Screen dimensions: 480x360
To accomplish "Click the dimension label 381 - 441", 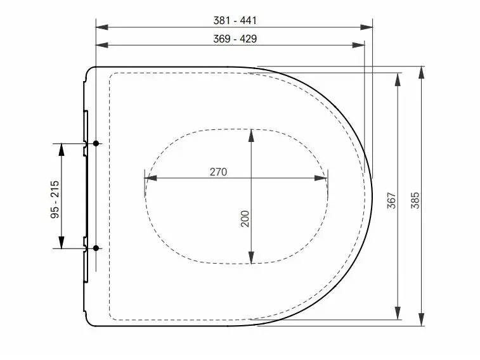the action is [x=235, y=20].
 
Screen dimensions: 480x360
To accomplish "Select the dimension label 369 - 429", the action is [x=235, y=39].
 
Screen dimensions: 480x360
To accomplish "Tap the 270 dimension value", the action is [x=218, y=172].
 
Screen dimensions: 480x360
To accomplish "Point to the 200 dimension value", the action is [x=245, y=219].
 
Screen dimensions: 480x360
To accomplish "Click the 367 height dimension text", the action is [x=391, y=201].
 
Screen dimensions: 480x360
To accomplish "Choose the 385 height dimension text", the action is [x=415, y=201].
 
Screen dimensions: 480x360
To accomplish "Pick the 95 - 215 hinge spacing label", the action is [x=55, y=200].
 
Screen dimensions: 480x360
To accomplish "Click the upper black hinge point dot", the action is [x=96, y=143].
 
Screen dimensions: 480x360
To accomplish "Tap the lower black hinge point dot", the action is [x=96, y=248].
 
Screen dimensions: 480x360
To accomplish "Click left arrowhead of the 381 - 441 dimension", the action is [x=102, y=27].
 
